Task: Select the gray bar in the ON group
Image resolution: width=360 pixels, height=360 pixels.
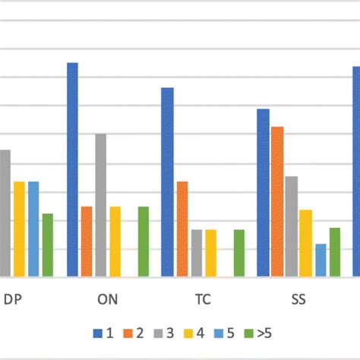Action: click(100, 205)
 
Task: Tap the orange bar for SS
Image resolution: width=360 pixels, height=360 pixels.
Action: click(277, 201)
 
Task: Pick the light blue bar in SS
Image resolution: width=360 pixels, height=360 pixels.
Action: click(321, 260)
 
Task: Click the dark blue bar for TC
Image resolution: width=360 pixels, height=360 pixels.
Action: click(167, 182)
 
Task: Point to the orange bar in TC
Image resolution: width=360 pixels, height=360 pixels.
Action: click(182, 229)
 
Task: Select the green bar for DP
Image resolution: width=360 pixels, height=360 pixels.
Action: click(48, 245)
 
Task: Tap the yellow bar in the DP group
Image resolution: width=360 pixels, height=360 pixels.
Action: click(19, 229)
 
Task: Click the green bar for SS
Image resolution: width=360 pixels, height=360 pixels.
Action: click(334, 251)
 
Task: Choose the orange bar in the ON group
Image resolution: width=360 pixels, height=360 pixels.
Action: click(87, 242)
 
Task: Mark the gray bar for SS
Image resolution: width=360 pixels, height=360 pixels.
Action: click(292, 226)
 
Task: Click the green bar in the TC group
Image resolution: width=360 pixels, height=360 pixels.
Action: click(239, 253)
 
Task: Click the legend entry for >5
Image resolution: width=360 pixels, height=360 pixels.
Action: click(258, 333)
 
